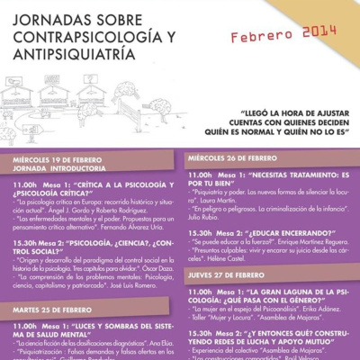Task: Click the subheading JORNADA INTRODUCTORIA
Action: click(x=53, y=167)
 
